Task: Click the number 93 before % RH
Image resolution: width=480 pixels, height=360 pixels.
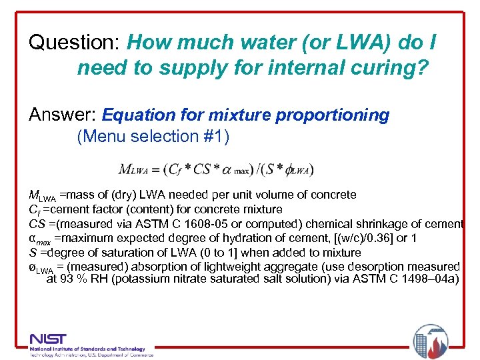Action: [68, 279]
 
